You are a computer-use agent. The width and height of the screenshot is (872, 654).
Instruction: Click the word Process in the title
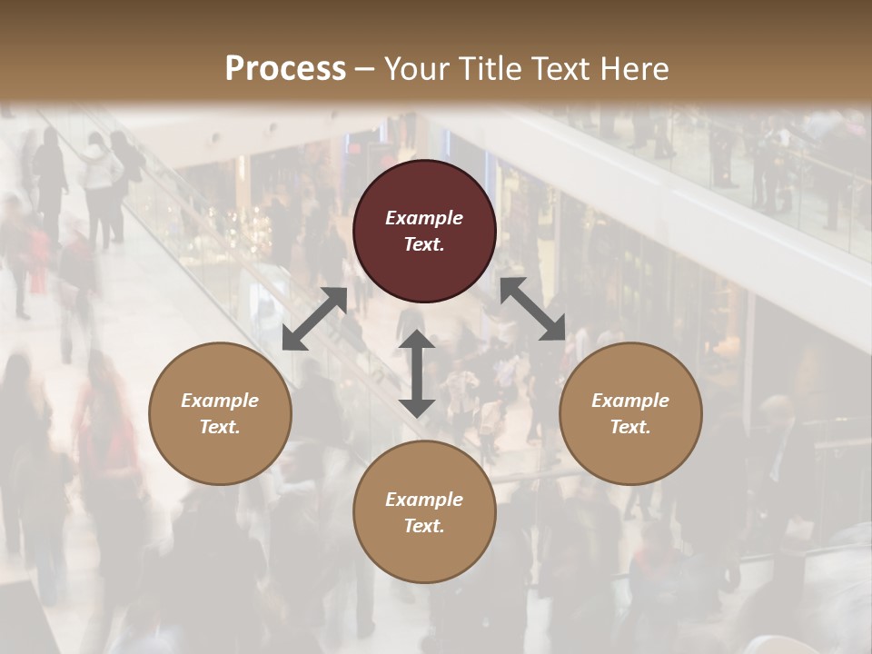point(285,69)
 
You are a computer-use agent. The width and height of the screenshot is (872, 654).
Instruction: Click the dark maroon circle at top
point(424,191)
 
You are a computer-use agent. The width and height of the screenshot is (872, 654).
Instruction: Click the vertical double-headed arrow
point(417,373)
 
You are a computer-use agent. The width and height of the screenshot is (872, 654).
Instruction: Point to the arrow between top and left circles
point(314,319)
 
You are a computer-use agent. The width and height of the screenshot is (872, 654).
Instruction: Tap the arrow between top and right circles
point(533,310)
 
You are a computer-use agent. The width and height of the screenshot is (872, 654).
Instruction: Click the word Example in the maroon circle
point(424,218)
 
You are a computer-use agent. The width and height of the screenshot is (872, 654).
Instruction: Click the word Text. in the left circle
point(220,427)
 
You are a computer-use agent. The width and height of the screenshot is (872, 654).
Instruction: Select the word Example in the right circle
point(630,401)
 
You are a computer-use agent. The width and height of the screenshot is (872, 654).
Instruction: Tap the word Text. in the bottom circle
point(424,526)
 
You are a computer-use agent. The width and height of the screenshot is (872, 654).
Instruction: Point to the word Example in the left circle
point(220,401)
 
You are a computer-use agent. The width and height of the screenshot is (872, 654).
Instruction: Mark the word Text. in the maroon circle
point(424,244)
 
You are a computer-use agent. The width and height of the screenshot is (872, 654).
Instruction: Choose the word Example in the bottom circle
point(424,500)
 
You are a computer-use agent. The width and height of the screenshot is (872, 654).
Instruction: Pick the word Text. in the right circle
point(630,427)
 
